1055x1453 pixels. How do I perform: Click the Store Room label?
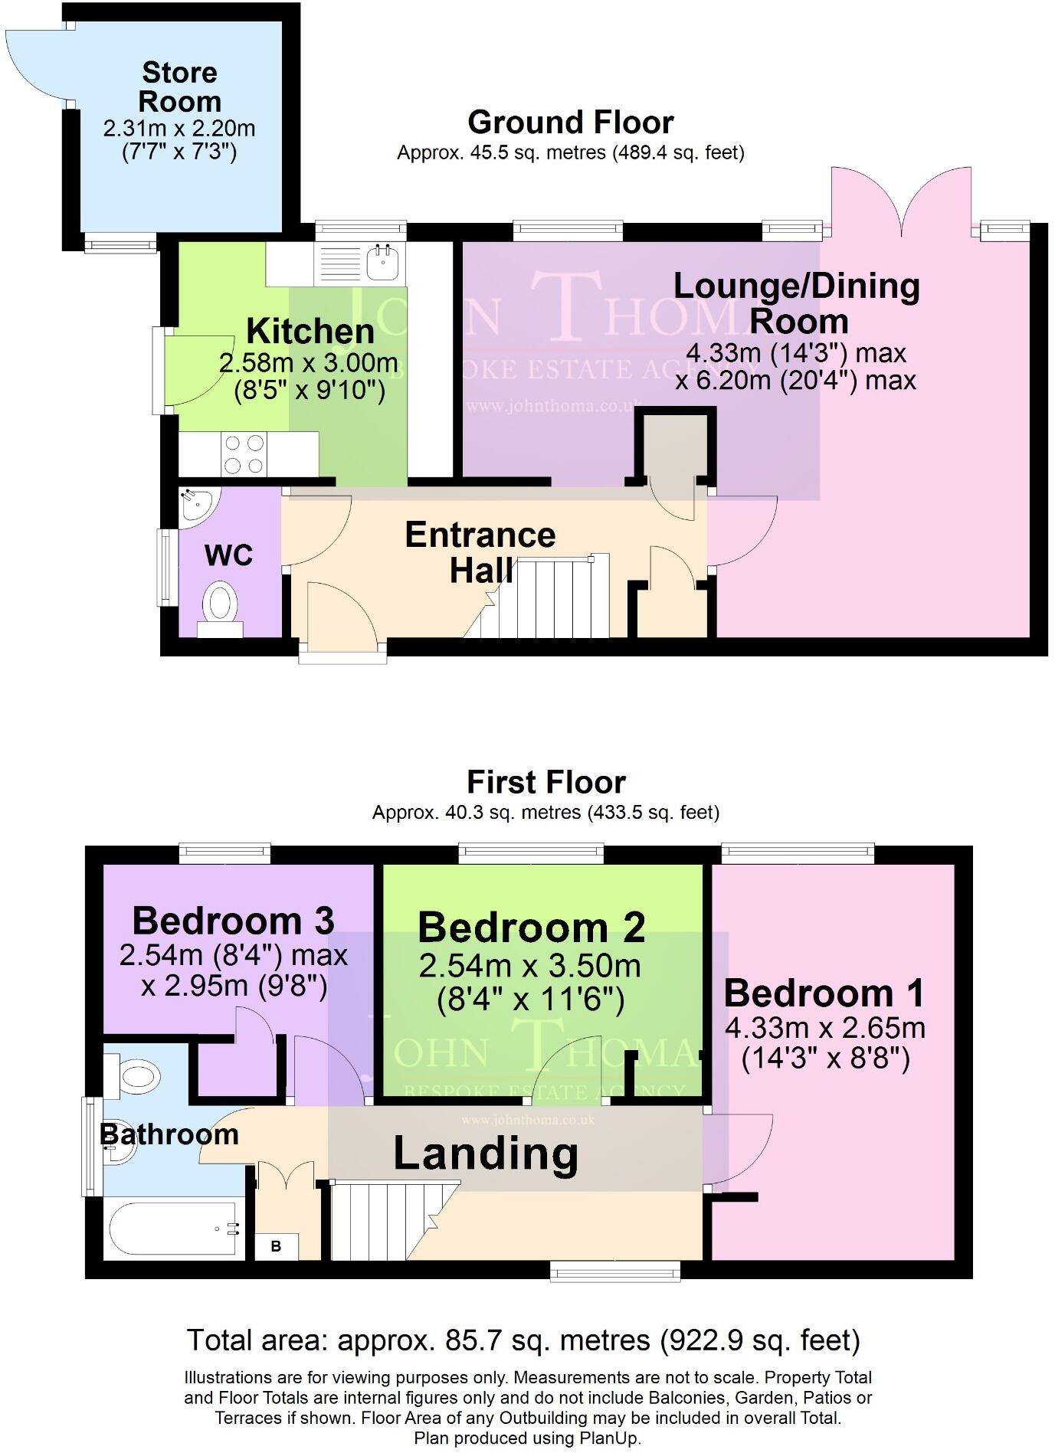(179, 87)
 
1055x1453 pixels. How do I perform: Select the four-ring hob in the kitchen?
(244, 453)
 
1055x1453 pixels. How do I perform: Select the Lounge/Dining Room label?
(797, 303)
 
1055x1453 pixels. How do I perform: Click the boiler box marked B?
(276, 1246)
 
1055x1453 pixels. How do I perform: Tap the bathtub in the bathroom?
(173, 1229)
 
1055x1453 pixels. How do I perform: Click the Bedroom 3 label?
(233, 921)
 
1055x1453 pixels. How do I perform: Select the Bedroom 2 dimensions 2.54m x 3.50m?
(529, 967)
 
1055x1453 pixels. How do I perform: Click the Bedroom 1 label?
(824, 993)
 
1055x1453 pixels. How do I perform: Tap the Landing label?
(486, 1154)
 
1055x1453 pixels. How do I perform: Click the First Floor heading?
(546, 782)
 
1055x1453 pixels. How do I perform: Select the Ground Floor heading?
(570, 123)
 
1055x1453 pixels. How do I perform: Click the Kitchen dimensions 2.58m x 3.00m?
(308, 363)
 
